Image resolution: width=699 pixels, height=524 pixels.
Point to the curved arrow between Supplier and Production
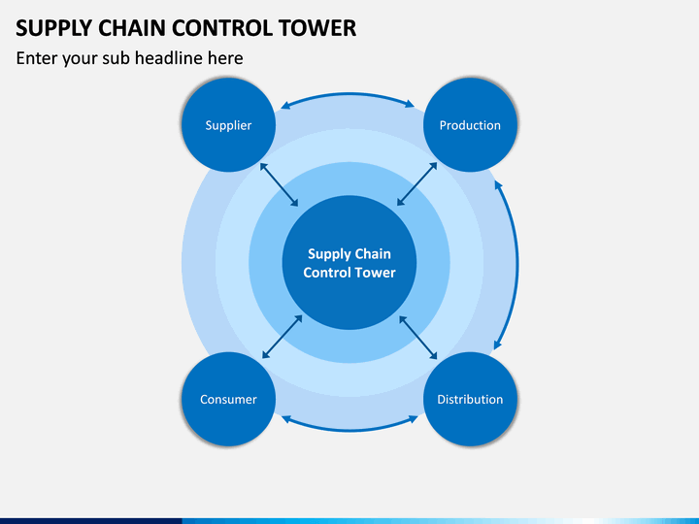349,95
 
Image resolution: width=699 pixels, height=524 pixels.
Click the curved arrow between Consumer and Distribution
349,428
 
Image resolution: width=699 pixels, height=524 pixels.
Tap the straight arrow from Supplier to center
280,183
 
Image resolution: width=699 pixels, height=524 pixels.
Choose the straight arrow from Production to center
418,183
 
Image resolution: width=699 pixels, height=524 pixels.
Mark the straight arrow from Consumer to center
282,336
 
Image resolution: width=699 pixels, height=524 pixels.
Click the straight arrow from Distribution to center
418,336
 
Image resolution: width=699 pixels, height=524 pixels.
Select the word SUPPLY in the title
53,27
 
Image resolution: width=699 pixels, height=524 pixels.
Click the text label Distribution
470,400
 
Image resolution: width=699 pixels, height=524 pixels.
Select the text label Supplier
228,125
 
